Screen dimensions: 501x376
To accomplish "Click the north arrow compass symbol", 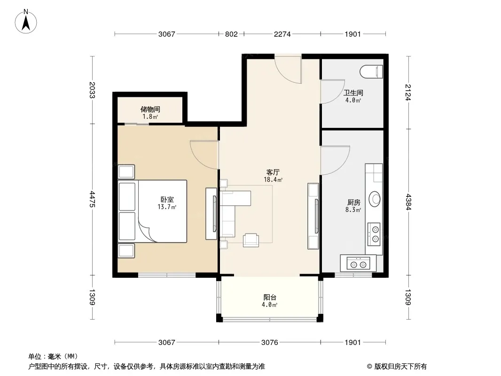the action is click(26, 22).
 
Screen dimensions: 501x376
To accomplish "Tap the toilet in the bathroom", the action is click(371, 72).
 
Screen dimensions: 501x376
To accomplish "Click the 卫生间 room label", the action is click(353, 93).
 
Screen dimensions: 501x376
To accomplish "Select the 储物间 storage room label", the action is click(150, 109).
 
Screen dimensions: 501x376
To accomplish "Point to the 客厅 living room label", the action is click(273, 172).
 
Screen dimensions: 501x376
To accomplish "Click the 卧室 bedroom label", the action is click(167, 199).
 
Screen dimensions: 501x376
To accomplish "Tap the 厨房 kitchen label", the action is click(354, 202).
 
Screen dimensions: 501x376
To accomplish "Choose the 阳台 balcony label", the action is click(270, 297).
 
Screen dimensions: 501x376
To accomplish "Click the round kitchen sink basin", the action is click(375, 199).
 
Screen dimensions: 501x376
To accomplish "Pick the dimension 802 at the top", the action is click(231, 34).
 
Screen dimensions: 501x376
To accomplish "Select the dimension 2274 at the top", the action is click(282, 34).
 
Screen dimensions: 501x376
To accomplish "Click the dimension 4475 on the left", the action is click(92, 199).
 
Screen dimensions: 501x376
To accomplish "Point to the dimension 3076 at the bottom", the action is click(270, 343).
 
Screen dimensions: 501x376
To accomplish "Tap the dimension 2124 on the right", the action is click(408, 92).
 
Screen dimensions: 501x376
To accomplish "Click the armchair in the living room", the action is click(251, 240).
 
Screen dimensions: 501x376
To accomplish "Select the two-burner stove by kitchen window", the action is click(358, 264).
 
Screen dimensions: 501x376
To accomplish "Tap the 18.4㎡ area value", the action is click(273, 180).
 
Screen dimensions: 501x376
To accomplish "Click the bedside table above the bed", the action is click(126, 172).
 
